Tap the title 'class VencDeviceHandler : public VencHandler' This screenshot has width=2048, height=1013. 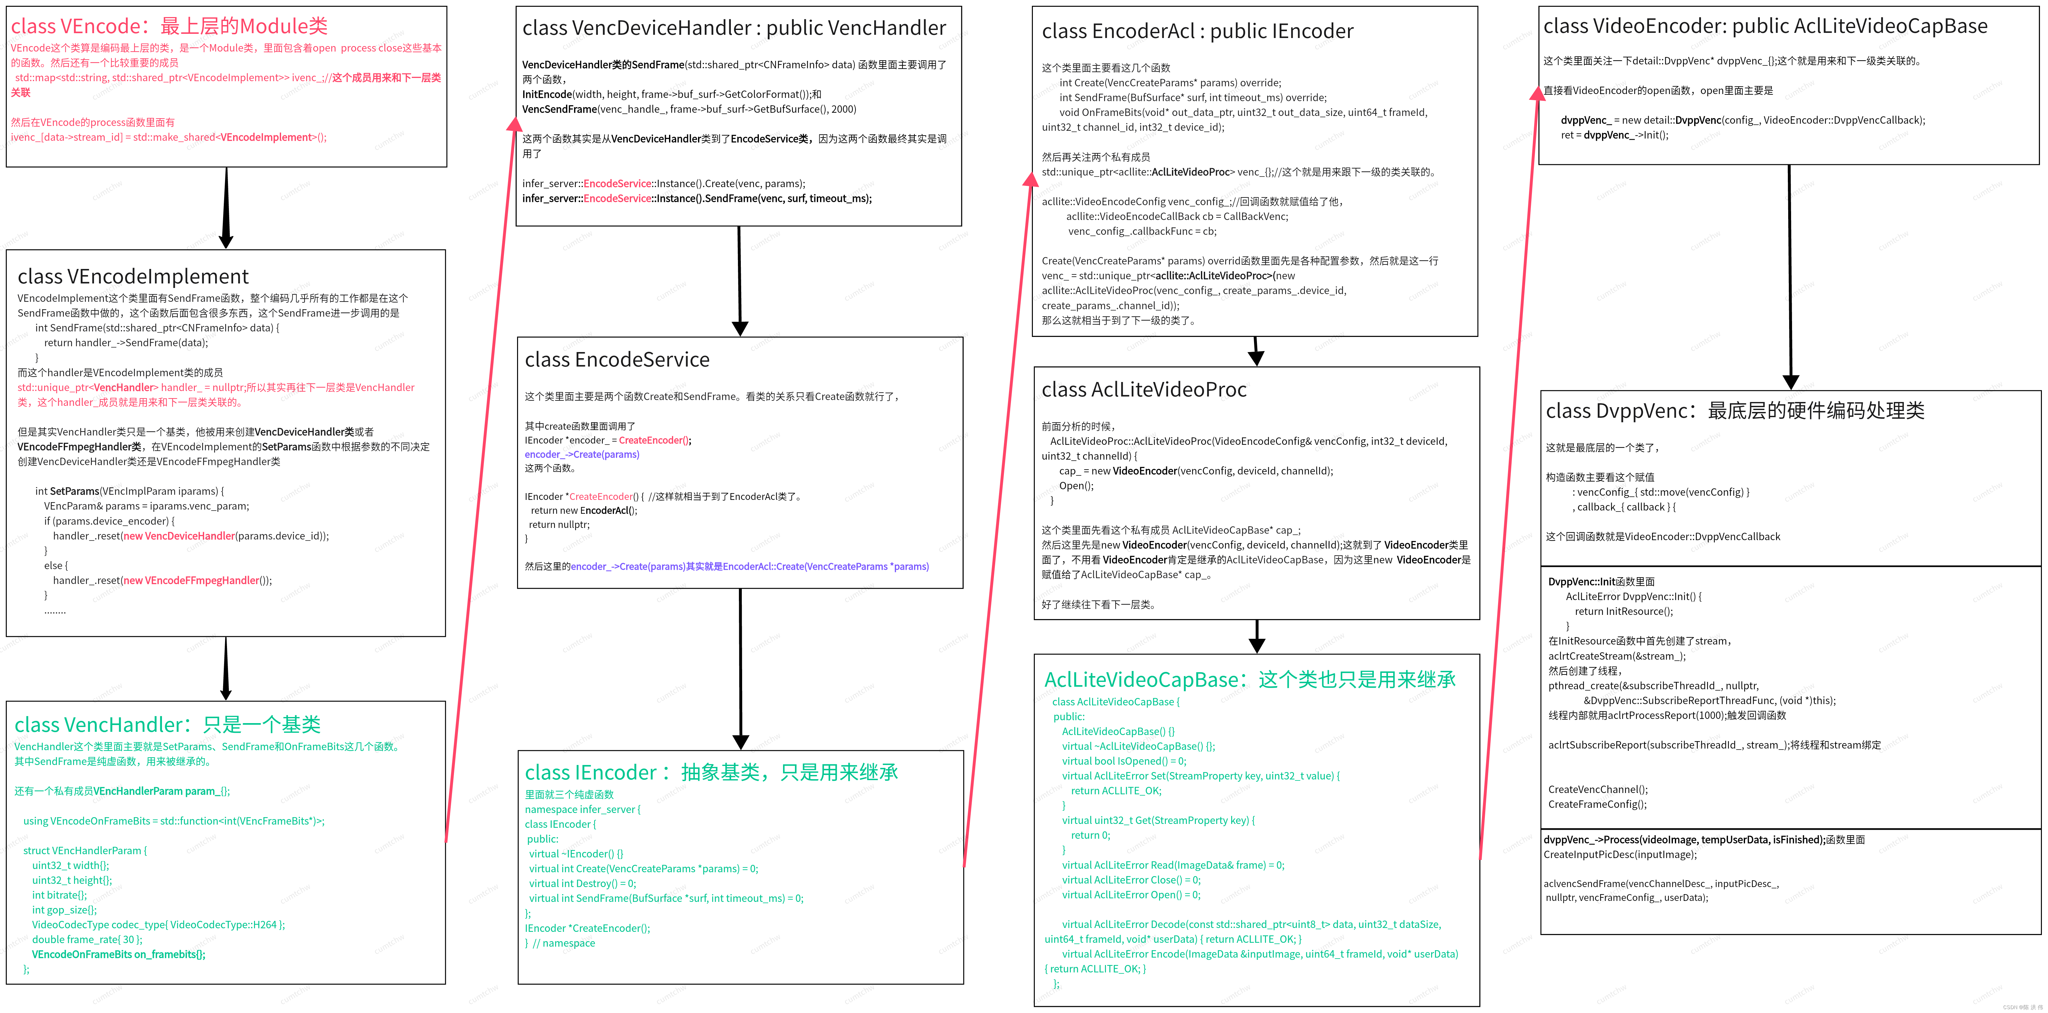pos(734,28)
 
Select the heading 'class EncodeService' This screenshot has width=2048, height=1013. pos(617,360)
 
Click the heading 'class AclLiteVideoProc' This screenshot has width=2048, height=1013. pos(1144,390)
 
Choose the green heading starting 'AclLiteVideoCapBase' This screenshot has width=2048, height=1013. pos(1250,680)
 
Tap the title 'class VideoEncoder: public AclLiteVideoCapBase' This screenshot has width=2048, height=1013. pos(1765,26)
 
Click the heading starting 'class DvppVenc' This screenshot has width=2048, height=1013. pos(1735,411)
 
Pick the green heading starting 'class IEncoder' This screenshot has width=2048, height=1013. pos(712,773)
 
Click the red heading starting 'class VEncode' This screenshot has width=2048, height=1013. pos(169,26)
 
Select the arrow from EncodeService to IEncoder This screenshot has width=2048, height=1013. pos(740,668)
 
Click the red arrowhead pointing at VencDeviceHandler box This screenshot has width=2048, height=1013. pos(514,125)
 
